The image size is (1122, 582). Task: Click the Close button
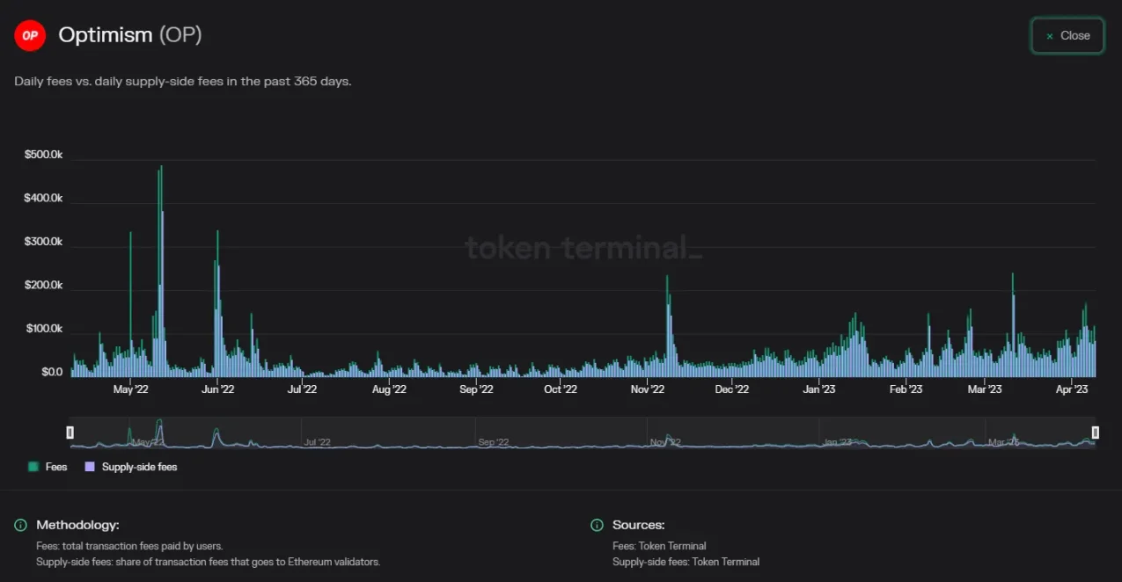click(x=1067, y=36)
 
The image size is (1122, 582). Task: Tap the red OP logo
click(x=30, y=35)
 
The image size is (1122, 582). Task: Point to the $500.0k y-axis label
click(x=43, y=155)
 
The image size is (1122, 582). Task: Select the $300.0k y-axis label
click(x=43, y=242)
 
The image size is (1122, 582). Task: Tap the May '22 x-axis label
click(x=130, y=389)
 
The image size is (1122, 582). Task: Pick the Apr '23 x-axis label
click(x=1071, y=389)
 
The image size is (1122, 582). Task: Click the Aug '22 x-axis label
click(x=389, y=389)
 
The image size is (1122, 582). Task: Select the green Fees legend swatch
click(x=33, y=467)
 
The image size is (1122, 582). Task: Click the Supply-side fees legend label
click(x=139, y=467)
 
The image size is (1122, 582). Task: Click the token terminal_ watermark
click(x=583, y=248)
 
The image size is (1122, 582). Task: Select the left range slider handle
click(x=70, y=433)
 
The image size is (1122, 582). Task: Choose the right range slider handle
click(x=1096, y=433)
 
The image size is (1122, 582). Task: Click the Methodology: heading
click(x=77, y=525)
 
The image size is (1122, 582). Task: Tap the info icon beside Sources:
click(x=597, y=526)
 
